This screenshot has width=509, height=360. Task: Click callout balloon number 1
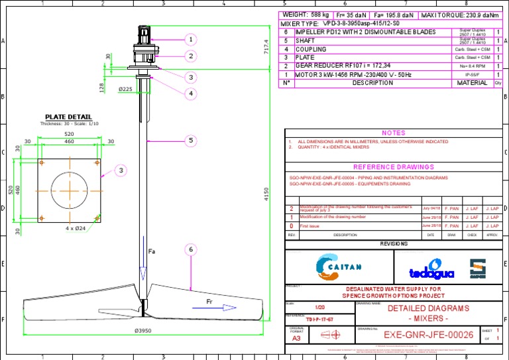[191, 40]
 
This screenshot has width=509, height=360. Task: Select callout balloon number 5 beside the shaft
[190, 141]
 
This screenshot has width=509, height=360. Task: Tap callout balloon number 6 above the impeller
[190, 249]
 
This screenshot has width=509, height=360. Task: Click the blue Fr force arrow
[219, 307]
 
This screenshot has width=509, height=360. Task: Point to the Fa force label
[151, 251]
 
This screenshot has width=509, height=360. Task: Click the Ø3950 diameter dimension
[144, 331]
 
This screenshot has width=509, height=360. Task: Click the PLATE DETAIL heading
[69, 117]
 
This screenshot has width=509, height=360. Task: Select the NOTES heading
[393, 133]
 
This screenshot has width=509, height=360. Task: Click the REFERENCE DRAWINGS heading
[393, 167]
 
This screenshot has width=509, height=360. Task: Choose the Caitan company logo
[338, 267]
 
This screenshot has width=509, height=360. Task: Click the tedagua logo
[422, 269]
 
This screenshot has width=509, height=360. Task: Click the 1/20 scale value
[320, 308]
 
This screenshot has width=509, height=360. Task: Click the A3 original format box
[296, 337]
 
